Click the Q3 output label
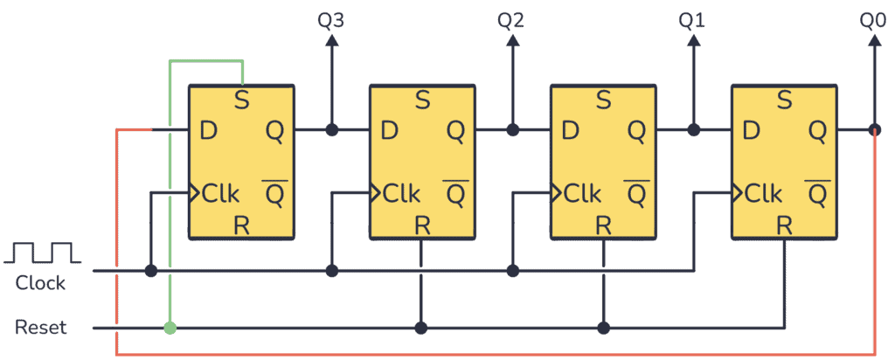pyautogui.click(x=331, y=19)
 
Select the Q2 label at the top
pyautogui.click(x=511, y=19)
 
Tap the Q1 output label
pyautogui.click(x=692, y=19)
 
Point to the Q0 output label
pyautogui.click(x=873, y=19)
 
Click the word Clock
pyautogui.click(x=40, y=283)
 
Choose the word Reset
pyautogui.click(x=40, y=329)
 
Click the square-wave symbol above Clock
pyautogui.click(x=42, y=253)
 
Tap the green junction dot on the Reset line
pyautogui.click(x=170, y=329)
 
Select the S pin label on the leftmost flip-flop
pyautogui.click(x=242, y=100)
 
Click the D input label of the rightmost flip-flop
pyautogui.click(x=751, y=131)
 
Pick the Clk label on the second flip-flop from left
pyautogui.click(x=402, y=193)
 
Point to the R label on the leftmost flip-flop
pyautogui.click(x=242, y=225)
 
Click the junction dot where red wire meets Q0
pyautogui.click(x=874, y=131)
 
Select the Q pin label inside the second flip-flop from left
pyautogui.click(x=455, y=131)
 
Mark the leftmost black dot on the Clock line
pyautogui.click(x=150, y=271)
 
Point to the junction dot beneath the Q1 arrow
pyautogui.click(x=693, y=131)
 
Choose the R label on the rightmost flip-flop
pyautogui.click(x=784, y=225)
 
